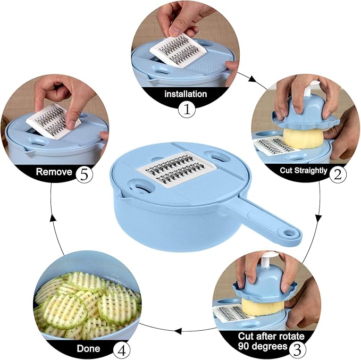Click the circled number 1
(x=187, y=110)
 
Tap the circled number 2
(x=338, y=174)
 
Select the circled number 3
(x=297, y=350)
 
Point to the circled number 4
(x=121, y=351)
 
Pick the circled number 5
(x=84, y=175)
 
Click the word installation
(x=186, y=94)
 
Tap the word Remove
(x=54, y=172)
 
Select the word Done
(x=88, y=348)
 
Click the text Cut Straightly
(x=303, y=171)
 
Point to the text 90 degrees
(x=263, y=346)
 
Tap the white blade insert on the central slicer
(x=177, y=170)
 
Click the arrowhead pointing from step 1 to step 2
(x=252, y=79)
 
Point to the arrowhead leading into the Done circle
(x=178, y=331)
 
